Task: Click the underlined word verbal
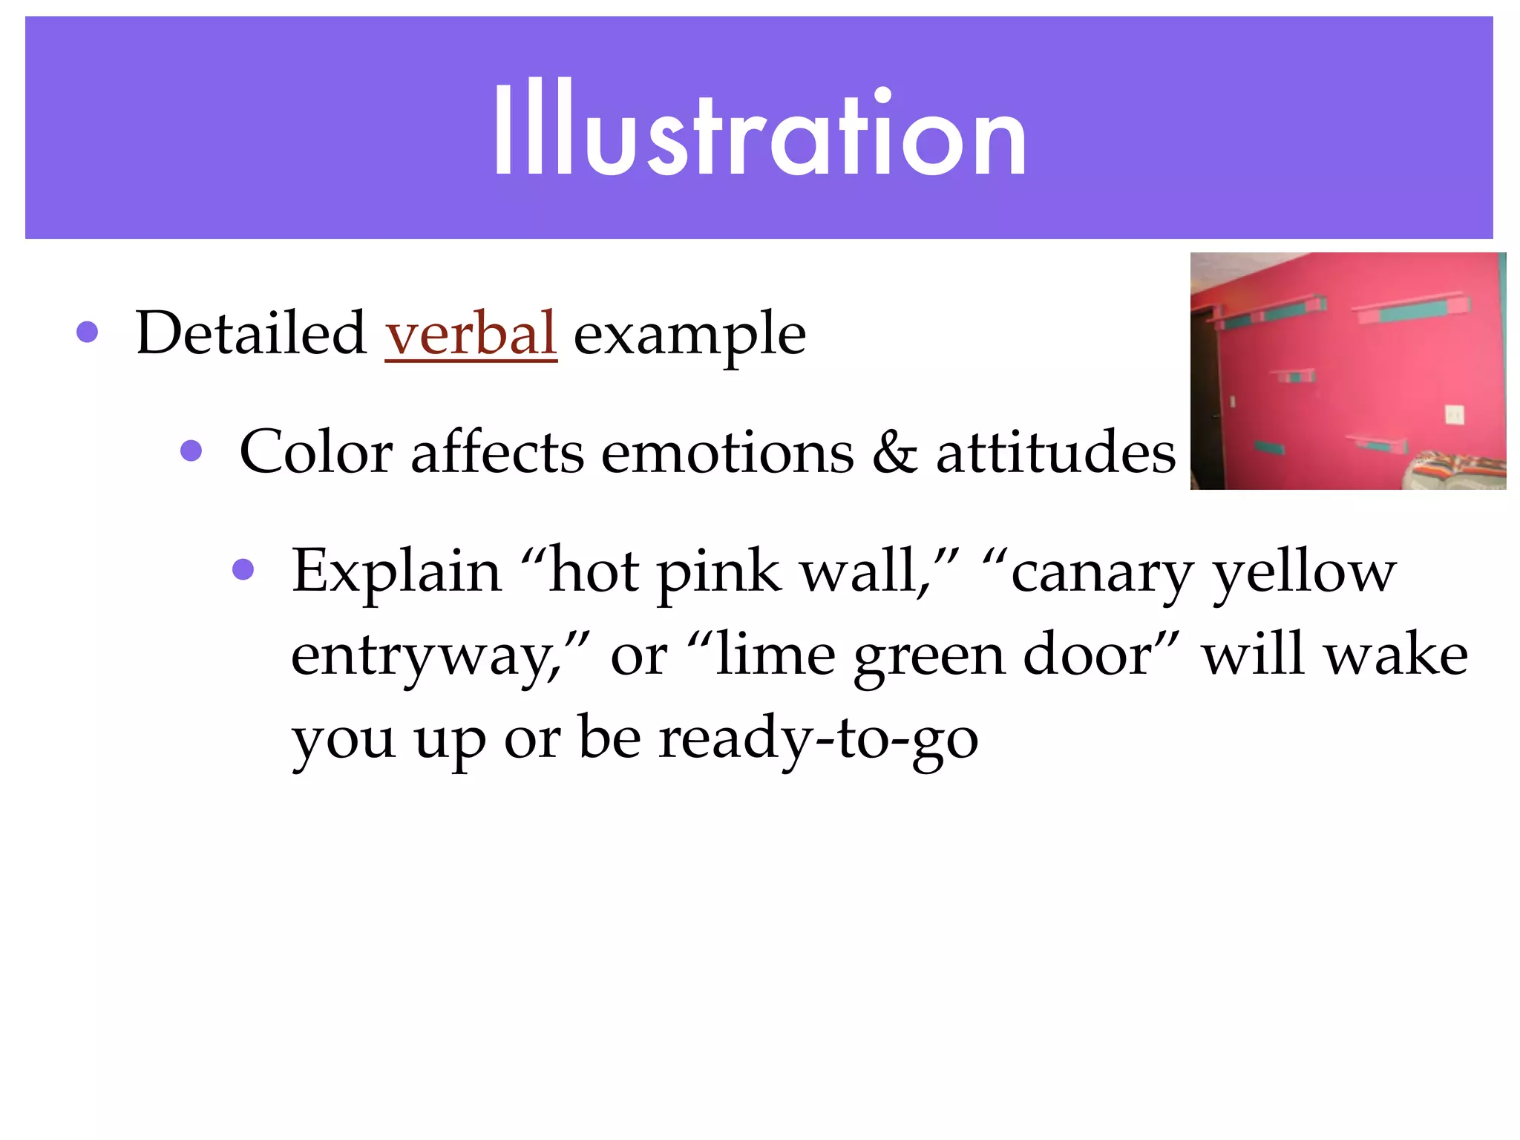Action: point(471,333)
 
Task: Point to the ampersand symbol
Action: point(894,452)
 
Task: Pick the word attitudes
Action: point(1055,452)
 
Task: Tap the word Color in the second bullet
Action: point(316,452)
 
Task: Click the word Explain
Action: point(396,572)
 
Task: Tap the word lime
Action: point(776,655)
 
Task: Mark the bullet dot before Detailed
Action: point(87,332)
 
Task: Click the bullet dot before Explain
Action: point(243,570)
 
